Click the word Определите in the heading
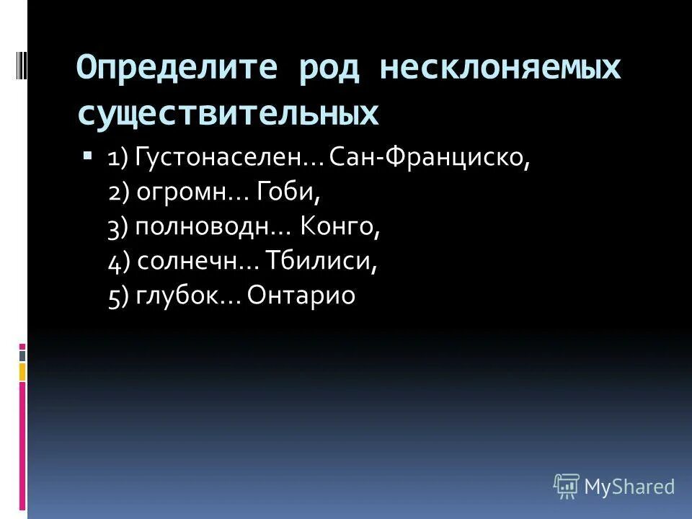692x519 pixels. tap(175, 68)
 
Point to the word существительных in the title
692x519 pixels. tap(228, 114)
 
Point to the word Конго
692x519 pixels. tap(340, 227)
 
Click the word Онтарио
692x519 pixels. tap(301, 296)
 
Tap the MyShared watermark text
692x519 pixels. tap(629, 487)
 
